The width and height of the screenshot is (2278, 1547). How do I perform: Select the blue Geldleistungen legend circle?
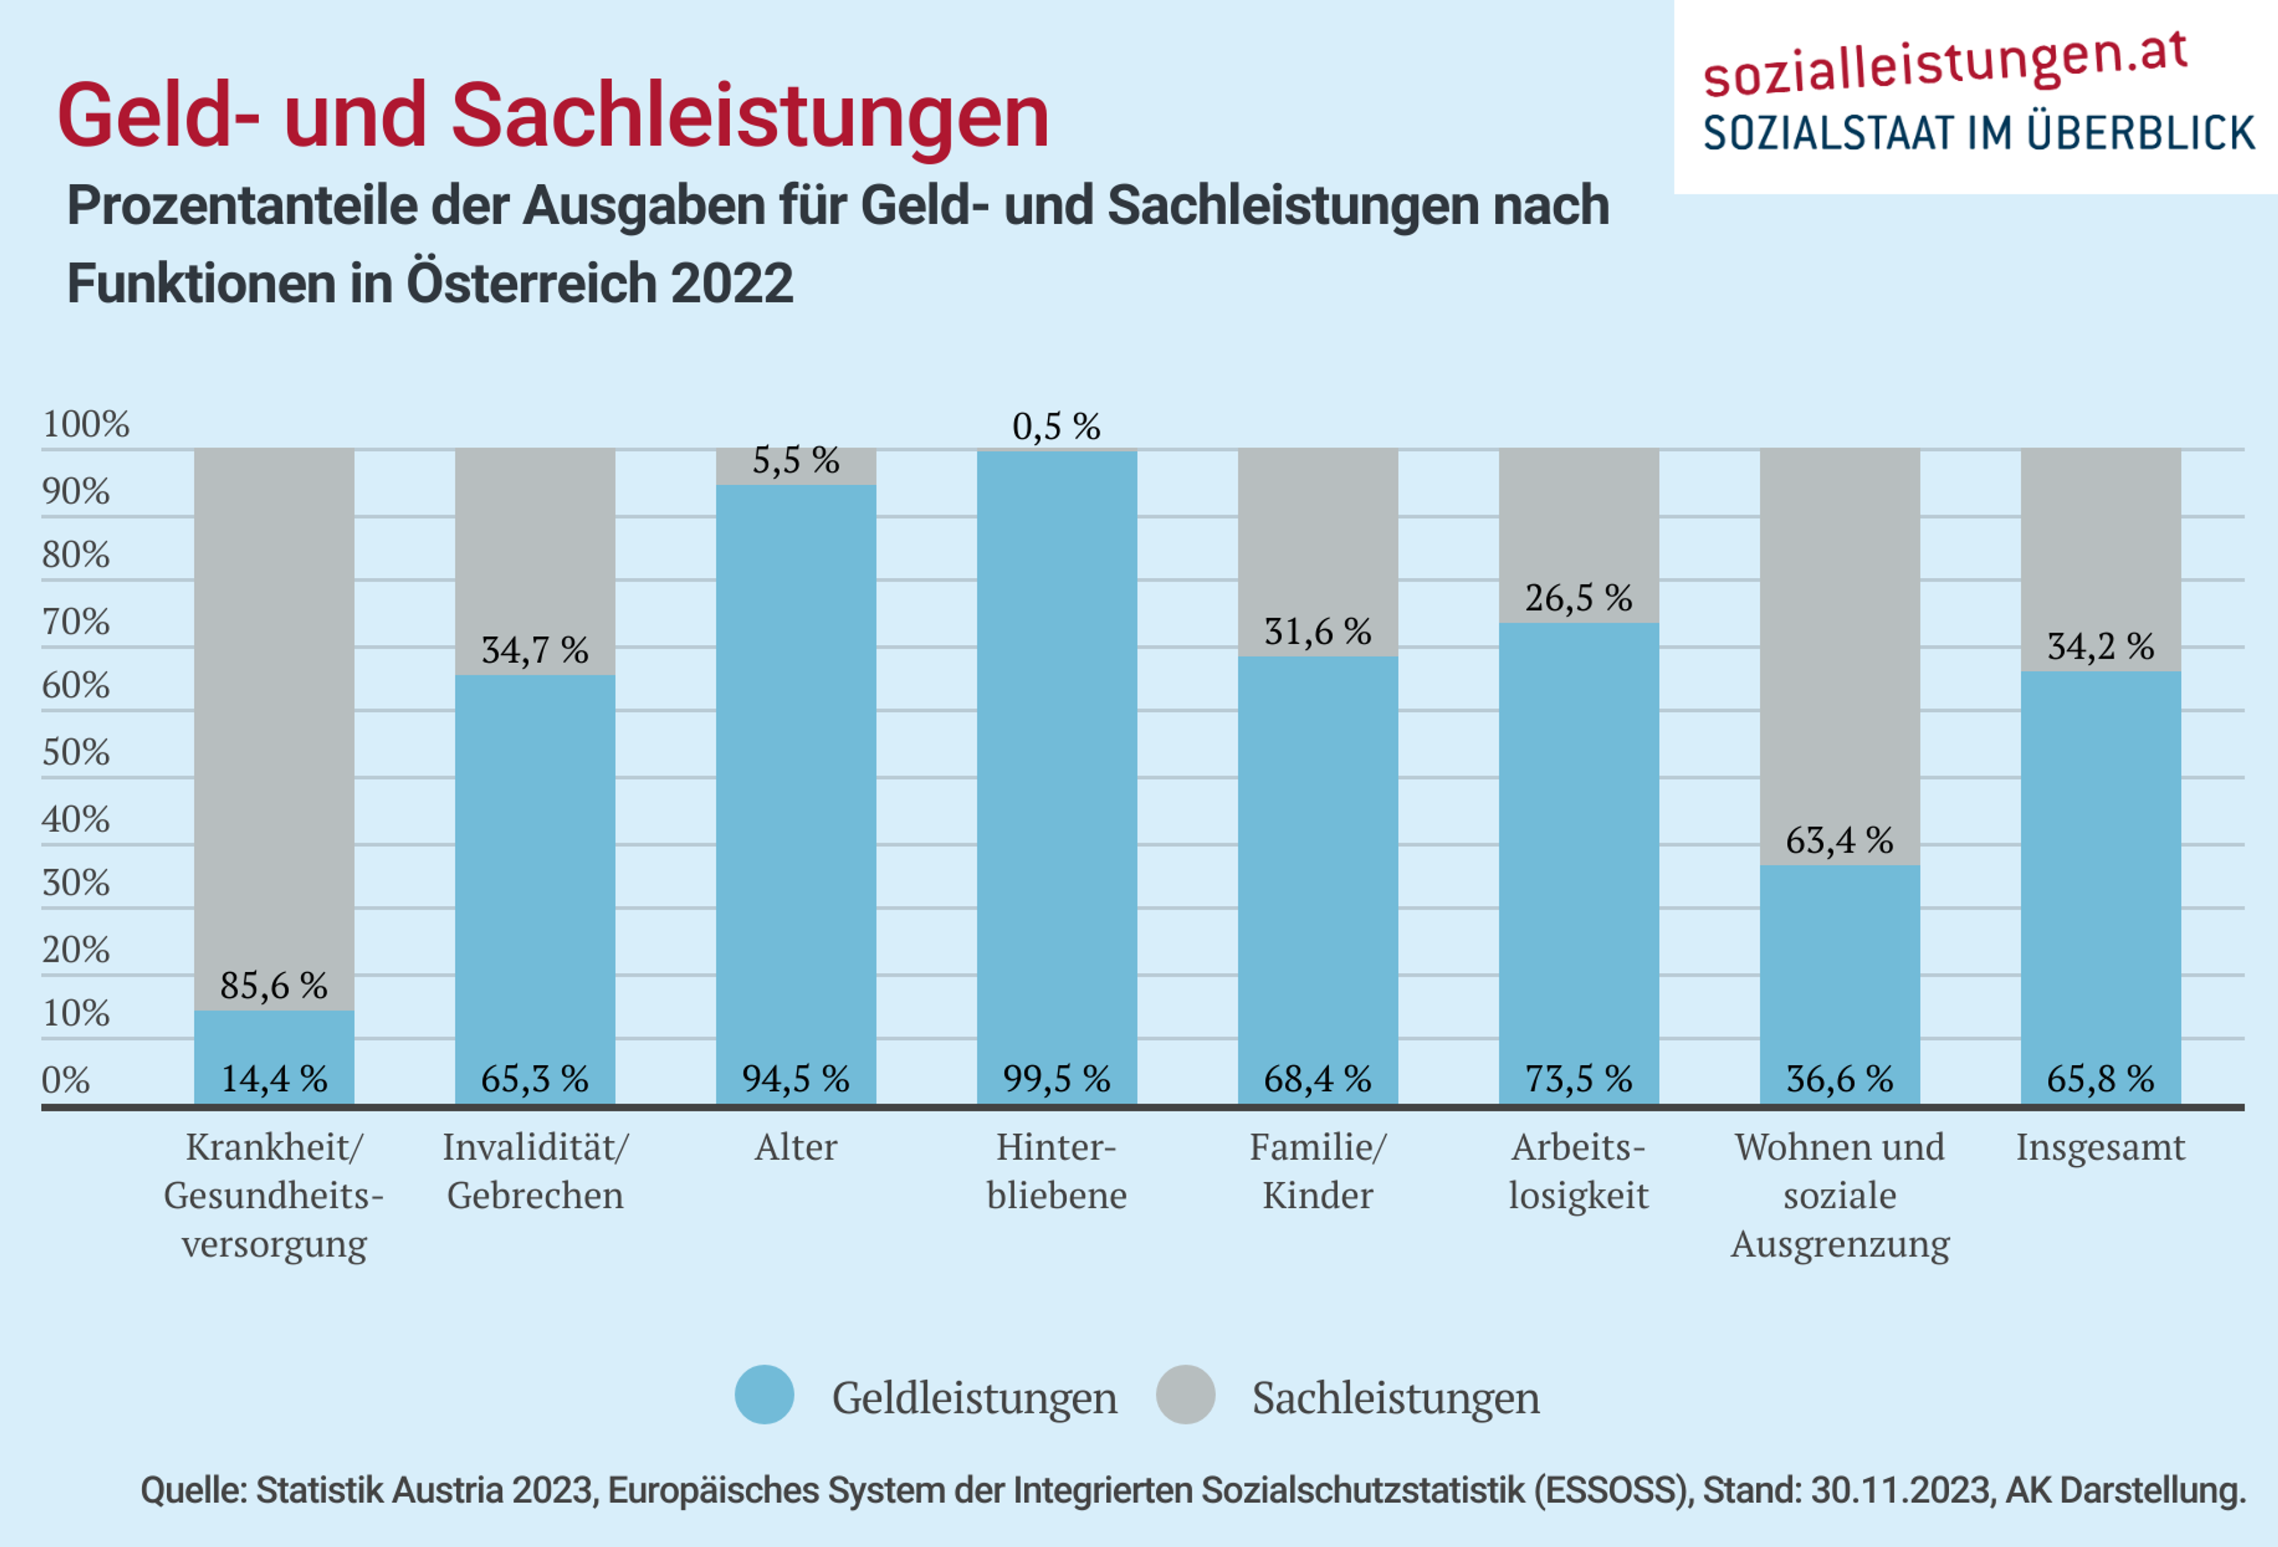pyautogui.click(x=765, y=1394)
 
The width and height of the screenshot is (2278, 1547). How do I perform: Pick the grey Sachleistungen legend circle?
pyautogui.click(x=1185, y=1394)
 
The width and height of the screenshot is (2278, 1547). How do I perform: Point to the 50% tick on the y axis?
pyautogui.click(x=75, y=753)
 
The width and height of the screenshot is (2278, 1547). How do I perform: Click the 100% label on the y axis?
pyautogui.click(x=85, y=425)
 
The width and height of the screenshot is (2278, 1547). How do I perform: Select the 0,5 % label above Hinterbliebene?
pyautogui.click(x=1056, y=426)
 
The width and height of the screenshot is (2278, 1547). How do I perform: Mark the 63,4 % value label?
pyautogui.click(x=1839, y=840)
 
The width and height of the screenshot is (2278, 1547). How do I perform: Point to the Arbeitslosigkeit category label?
pyautogui.click(x=1578, y=1172)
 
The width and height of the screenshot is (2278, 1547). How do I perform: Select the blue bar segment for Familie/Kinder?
pyautogui.click(x=1318, y=862)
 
